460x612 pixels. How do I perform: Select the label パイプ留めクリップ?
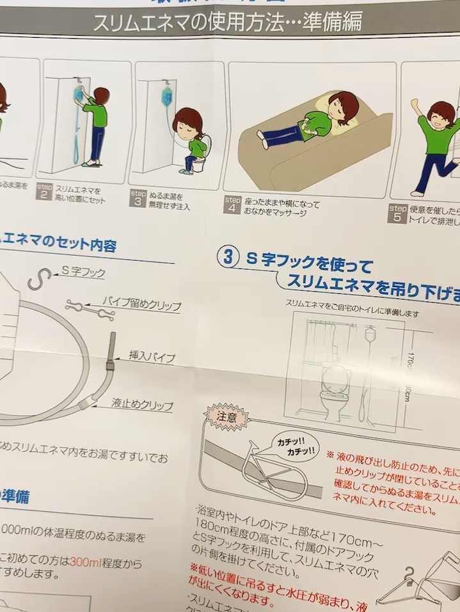click(141, 303)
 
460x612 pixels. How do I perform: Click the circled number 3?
click(227, 256)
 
